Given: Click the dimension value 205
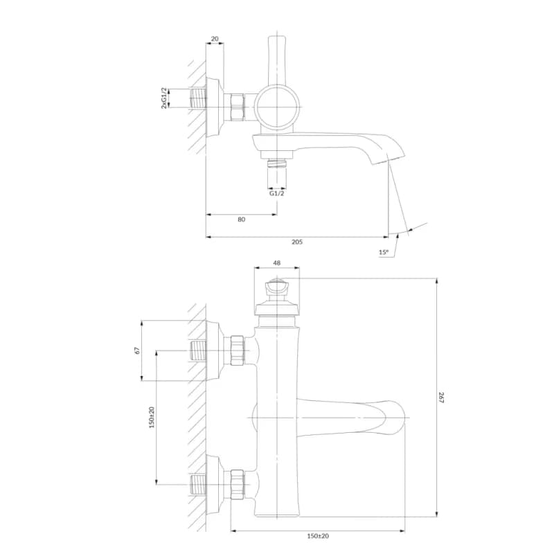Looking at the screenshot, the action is [x=297, y=242].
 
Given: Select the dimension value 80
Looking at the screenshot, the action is [x=241, y=220].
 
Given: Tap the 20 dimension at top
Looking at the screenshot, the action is [x=215, y=39].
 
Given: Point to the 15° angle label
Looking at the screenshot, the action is [x=384, y=252].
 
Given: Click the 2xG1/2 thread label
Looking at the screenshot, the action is [x=164, y=98].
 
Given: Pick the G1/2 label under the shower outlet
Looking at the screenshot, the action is [x=276, y=193].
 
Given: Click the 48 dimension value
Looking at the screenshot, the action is [x=276, y=263].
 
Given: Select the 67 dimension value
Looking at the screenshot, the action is [x=137, y=350].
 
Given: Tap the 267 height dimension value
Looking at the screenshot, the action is [x=441, y=397].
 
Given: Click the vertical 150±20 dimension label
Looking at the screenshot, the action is [x=152, y=418].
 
